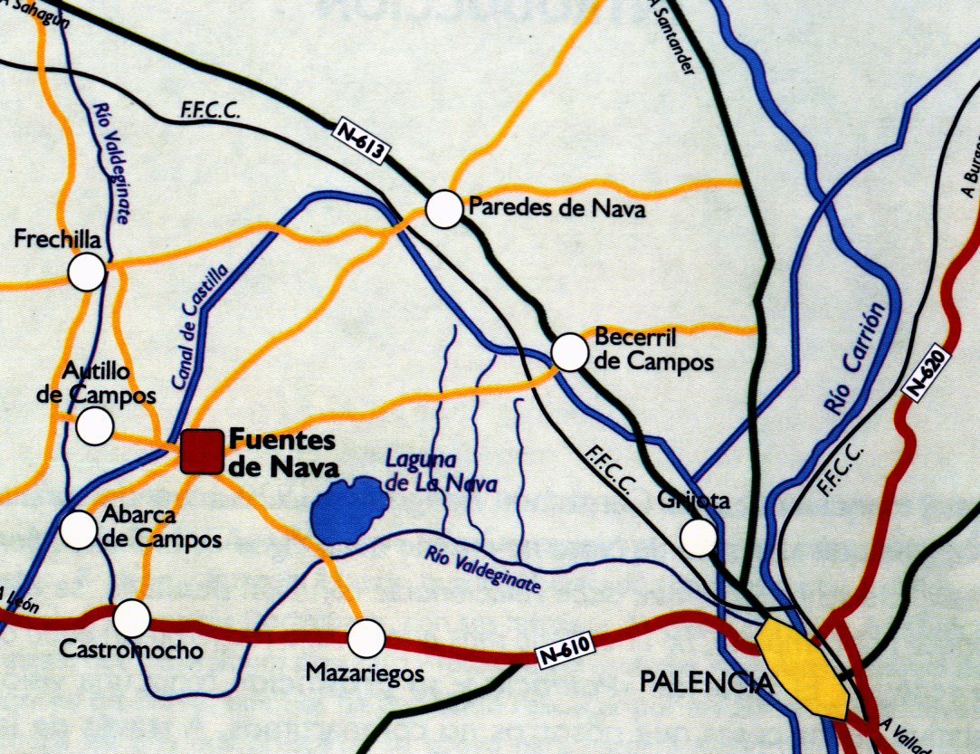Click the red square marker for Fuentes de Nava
point(201,452)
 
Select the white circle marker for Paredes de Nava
point(444,209)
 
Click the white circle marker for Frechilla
point(88,272)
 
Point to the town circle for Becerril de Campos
point(569,352)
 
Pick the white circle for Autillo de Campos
point(95,425)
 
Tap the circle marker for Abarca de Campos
point(78,530)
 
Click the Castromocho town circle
point(132,618)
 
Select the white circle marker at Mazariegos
point(366,638)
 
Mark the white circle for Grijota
point(698,537)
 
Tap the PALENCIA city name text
point(707,682)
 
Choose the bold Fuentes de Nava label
point(281,453)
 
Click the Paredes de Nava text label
point(557,210)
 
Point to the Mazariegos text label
point(365,673)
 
